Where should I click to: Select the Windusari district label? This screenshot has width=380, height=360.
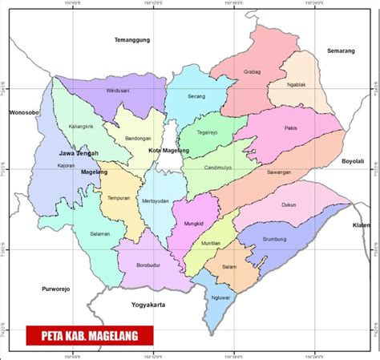click(x=118, y=92)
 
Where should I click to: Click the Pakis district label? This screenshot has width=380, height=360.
click(x=290, y=128)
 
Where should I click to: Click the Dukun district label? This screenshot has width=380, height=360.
click(x=288, y=204)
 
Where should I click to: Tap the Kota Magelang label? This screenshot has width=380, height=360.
click(x=169, y=150)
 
